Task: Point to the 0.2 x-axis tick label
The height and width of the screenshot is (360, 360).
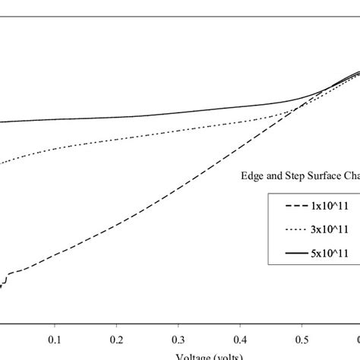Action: pyautogui.click(x=117, y=338)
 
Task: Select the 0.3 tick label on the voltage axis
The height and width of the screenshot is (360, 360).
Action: pyautogui.click(x=178, y=338)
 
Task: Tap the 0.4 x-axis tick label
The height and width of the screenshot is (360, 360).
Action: pyautogui.click(x=241, y=338)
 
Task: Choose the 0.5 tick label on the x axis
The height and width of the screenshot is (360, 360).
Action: pyautogui.click(x=303, y=338)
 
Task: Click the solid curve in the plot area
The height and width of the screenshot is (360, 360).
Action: pyautogui.click(x=152, y=117)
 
